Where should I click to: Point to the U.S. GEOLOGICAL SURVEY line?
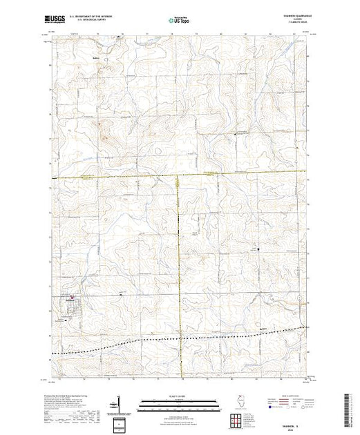coord(94,21)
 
